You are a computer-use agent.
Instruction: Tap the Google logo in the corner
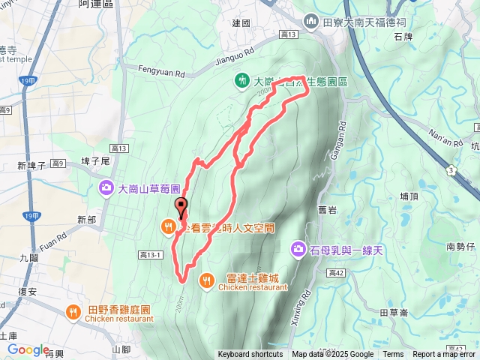pos(28,349)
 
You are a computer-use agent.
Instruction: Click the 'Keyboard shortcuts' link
pos(250,355)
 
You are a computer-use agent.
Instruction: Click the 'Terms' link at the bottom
pos(393,355)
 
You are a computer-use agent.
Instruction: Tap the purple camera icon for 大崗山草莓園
pos(106,187)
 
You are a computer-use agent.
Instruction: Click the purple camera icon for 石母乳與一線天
pos(298,247)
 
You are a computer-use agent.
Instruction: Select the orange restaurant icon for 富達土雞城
pos(206,280)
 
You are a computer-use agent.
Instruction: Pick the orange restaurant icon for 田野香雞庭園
pos(74,311)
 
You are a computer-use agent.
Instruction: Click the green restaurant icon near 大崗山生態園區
pos(241,79)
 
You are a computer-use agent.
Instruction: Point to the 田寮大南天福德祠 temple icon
pos(313,22)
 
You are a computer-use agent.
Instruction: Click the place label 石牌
pos(402,35)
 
